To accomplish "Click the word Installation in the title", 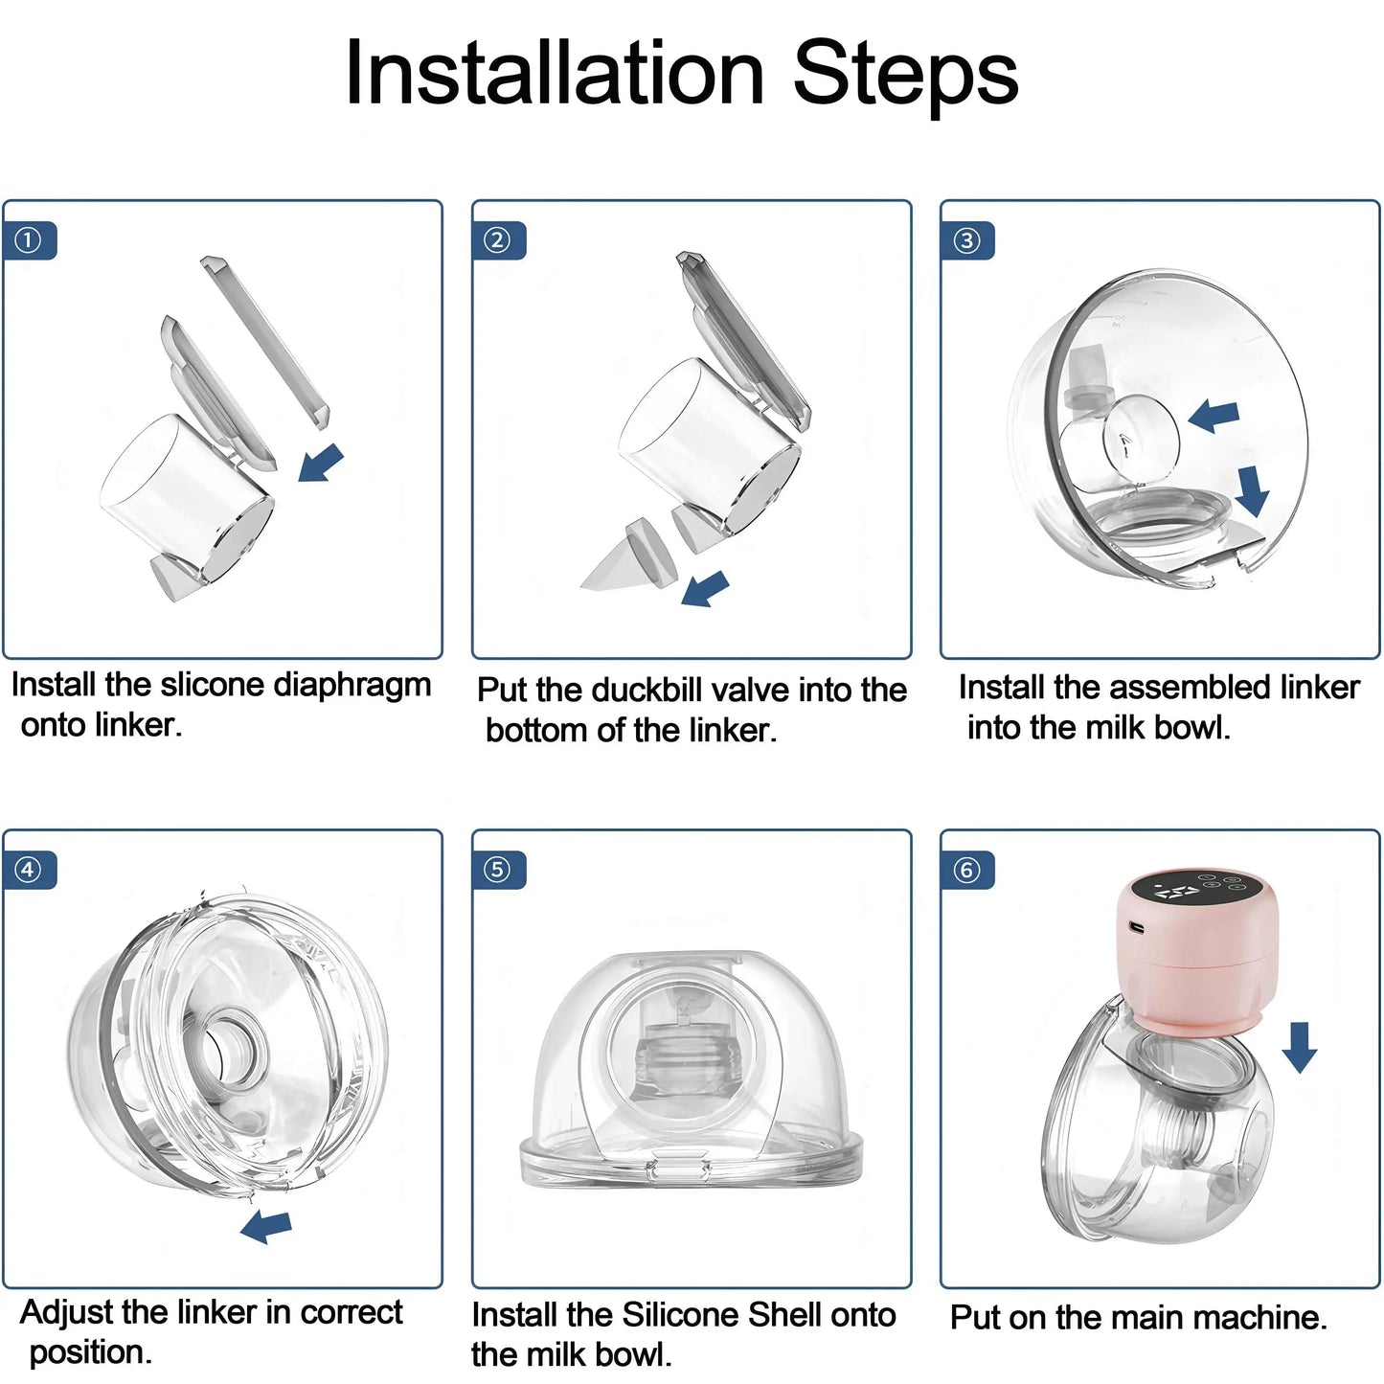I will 554,74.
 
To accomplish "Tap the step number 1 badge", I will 29,240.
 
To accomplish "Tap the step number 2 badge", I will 498,240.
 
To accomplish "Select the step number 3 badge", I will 967,240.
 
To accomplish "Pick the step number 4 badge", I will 29,870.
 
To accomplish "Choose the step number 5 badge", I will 498,870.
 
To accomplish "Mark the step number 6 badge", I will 967,870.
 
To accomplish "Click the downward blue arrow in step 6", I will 1300,1046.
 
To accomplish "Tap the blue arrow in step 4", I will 266,1225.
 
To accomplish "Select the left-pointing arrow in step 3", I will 1214,417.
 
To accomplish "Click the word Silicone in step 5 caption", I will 681,1315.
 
